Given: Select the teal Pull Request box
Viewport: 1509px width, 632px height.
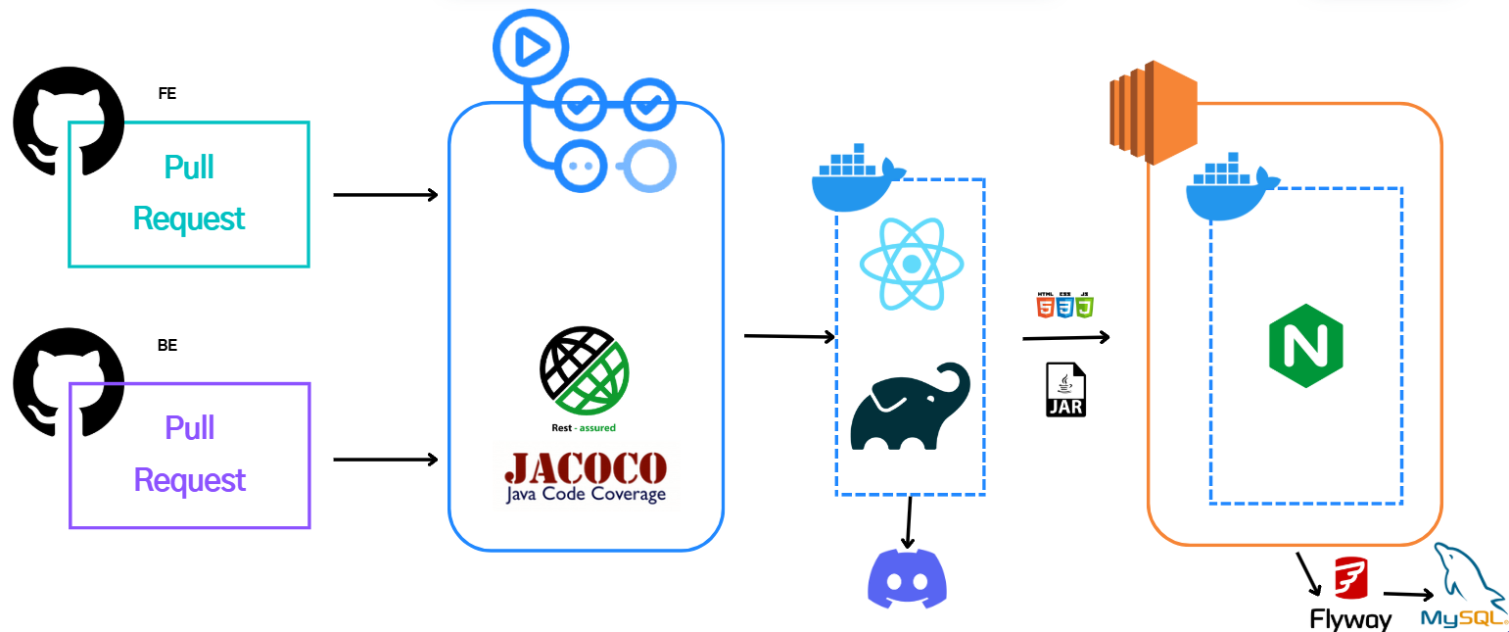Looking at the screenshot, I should coord(189,194).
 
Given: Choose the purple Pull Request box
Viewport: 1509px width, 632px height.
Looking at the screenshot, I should coord(189,456).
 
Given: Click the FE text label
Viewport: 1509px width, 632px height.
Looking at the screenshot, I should coord(166,94).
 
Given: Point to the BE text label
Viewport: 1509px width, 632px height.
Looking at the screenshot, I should coord(167,345).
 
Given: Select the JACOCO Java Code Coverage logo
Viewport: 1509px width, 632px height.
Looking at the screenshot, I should coord(586,476).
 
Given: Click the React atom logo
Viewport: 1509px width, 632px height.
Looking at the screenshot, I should coord(911,263).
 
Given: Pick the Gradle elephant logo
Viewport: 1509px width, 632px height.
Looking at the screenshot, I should coord(910,407).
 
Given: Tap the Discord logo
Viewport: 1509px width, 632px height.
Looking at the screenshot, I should coord(908,578).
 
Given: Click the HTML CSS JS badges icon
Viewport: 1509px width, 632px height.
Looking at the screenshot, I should coord(1064,305).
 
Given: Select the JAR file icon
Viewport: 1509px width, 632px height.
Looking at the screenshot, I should coord(1065,389).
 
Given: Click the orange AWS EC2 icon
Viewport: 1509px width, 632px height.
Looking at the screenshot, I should coord(1154,111).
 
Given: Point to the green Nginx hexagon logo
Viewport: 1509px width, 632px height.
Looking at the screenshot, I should coord(1305,346).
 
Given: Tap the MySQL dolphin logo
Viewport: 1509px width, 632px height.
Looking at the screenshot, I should coord(1464,588).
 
